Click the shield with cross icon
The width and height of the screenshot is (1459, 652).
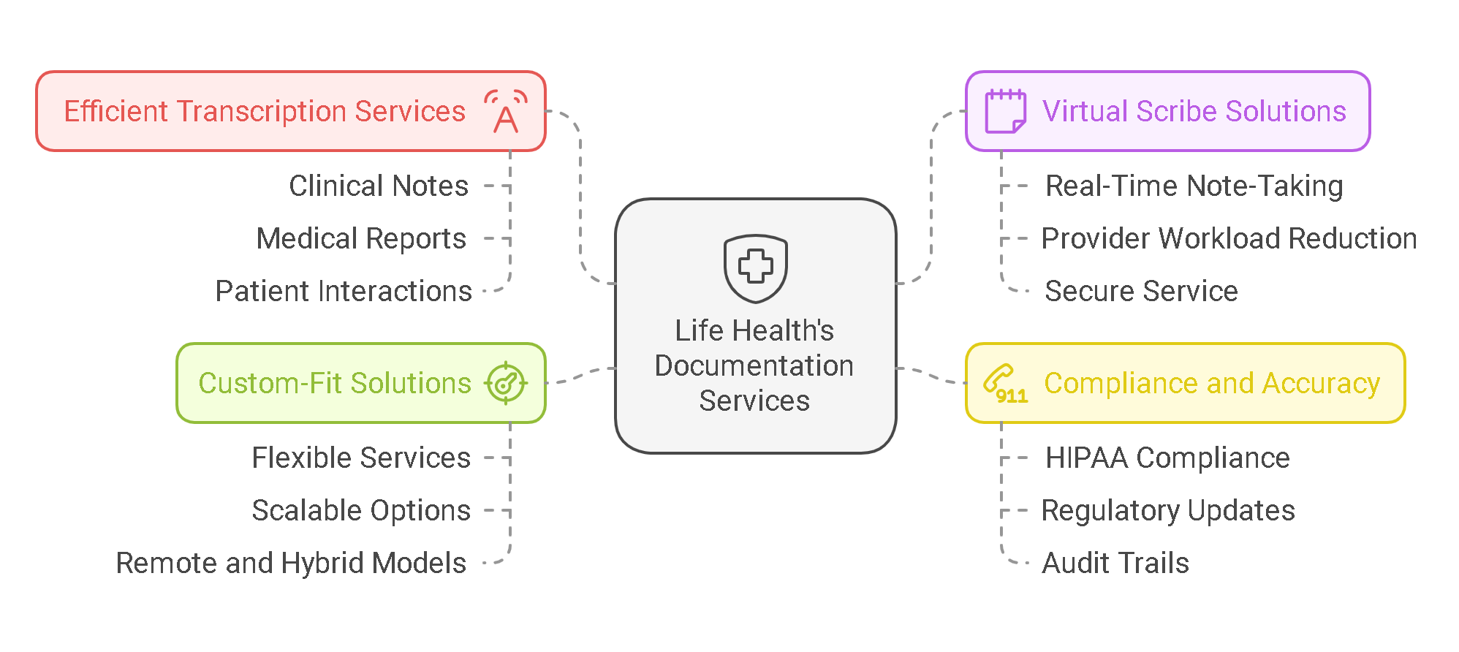click(x=755, y=268)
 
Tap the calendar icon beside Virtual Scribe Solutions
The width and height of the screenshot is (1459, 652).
click(x=1005, y=112)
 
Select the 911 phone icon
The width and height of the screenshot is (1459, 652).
click(x=1005, y=384)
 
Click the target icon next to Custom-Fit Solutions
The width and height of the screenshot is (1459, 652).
click(x=505, y=383)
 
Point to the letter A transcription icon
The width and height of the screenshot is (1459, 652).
click(x=505, y=112)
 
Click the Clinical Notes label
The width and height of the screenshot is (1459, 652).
click(x=378, y=186)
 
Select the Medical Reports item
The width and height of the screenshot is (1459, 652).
click(x=361, y=239)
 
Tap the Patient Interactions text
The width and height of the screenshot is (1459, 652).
click(x=344, y=292)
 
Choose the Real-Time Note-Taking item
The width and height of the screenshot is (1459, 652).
click(x=1194, y=186)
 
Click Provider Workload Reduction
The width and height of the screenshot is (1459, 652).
click(x=1229, y=239)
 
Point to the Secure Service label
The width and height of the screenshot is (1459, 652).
click(x=1141, y=292)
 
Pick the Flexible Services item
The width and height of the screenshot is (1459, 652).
click(x=361, y=458)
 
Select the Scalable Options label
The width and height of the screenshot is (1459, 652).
click(x=361, y=511)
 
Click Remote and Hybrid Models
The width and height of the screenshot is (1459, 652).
click(x=291, y=564)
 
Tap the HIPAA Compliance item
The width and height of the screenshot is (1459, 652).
click(x=1167, y=458)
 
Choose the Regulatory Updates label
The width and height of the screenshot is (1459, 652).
click(x=1167, y=511)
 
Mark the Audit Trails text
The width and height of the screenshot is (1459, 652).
click(x=1115, y=564)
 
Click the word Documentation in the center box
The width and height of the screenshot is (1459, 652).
click(x=754, y=365)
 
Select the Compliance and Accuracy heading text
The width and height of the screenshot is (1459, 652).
click(x=1211, y=384)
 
